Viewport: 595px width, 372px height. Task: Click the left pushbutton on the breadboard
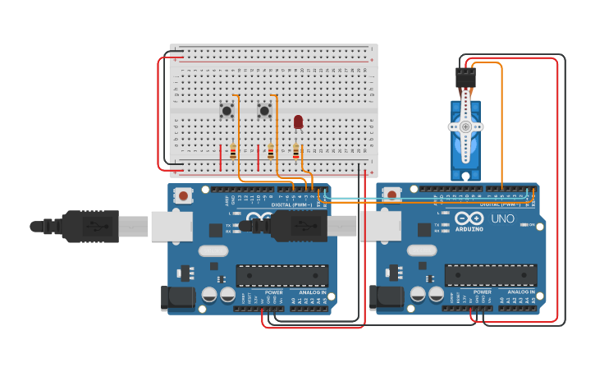pos(227,110)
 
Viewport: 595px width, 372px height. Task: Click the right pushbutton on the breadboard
pos(264,110)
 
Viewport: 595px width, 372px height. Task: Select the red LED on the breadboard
pos(298,122)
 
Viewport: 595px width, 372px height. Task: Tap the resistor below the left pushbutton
pos(233,152)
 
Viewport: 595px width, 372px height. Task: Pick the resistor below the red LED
pos(296,152)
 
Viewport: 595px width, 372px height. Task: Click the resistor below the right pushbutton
pos(271,152)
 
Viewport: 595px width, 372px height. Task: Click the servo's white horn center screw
pos(465,126)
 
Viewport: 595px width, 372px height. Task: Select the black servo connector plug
pos(465,78)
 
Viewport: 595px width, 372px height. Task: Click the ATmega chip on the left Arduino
pos(282,276)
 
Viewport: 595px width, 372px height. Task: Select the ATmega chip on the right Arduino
pos(491,276)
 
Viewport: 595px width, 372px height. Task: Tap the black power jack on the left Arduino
pos(179,297)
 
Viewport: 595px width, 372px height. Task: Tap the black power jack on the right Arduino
pos(387,297)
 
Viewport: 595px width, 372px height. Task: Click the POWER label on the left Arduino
pos(274,292)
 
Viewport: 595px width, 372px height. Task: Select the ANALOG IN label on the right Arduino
pos(520,292)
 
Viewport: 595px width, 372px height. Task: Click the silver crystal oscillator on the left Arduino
pos(213,251)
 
